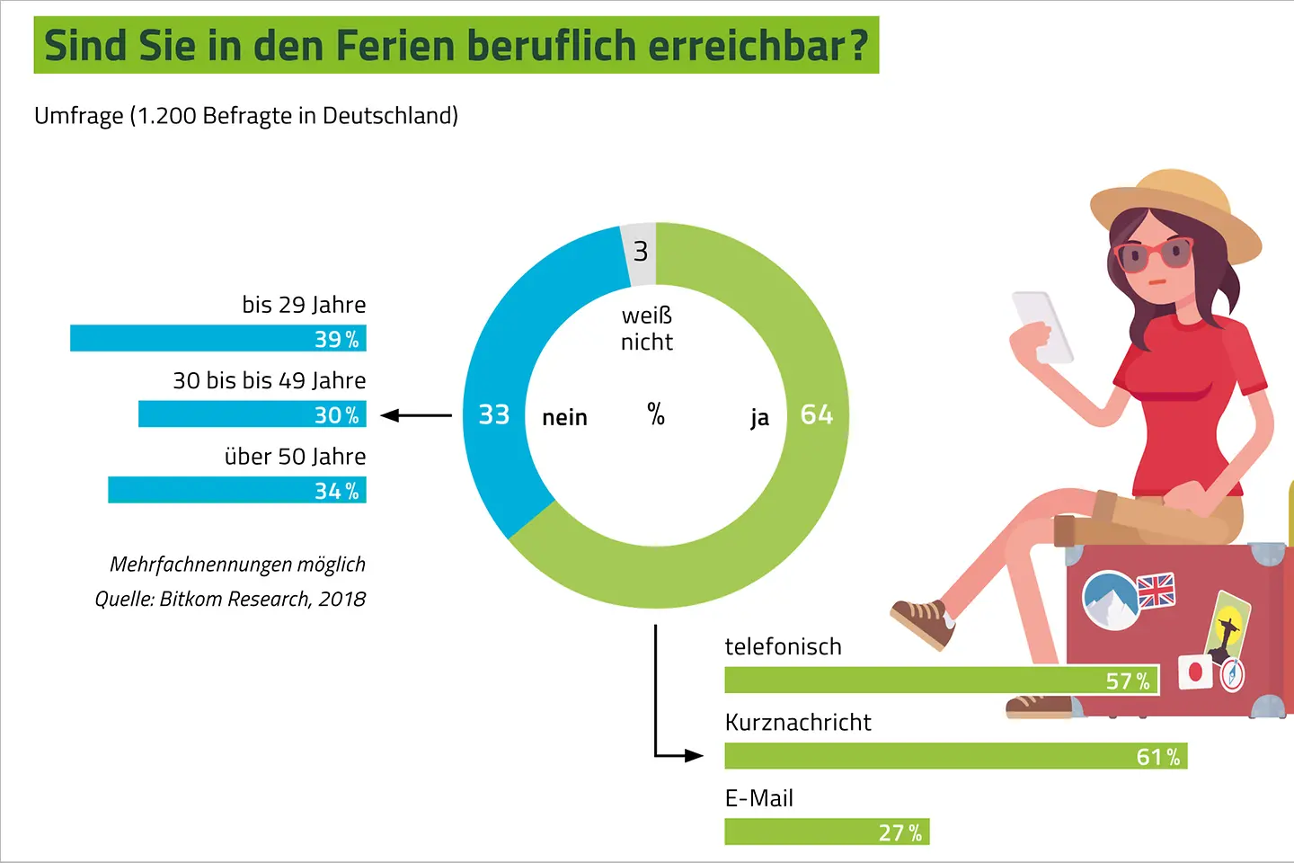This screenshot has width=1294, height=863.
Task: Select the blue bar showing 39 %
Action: click(x=217, y=339)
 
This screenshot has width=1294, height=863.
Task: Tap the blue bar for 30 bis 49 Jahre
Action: click(x=252, y=414)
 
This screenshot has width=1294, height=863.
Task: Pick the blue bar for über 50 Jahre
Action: click(x=236, y=491)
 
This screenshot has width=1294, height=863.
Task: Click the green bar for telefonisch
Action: click(x=941, y=681)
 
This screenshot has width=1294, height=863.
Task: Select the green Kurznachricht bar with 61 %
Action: click(x=955, y=756)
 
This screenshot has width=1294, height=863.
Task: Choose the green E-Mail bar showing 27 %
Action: click(x=826, y=832)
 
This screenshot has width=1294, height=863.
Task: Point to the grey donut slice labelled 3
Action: click(x=639, y=252)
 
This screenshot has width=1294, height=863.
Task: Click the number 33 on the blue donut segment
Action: click(x=493, y=414)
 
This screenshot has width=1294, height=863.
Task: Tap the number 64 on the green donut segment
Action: click(x=816, y=414)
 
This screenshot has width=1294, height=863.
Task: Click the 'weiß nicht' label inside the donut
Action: click(x=646, y=329)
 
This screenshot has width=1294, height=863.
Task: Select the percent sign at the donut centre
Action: click(x=656, y=414)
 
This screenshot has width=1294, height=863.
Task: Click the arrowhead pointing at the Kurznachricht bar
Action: click(x=693, y=756)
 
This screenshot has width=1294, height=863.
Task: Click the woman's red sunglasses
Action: click(x=1154, y=255)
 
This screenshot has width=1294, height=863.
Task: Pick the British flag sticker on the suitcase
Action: click(x=1156, y=591)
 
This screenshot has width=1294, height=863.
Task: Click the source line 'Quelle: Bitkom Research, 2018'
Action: click(x=230, y=600)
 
